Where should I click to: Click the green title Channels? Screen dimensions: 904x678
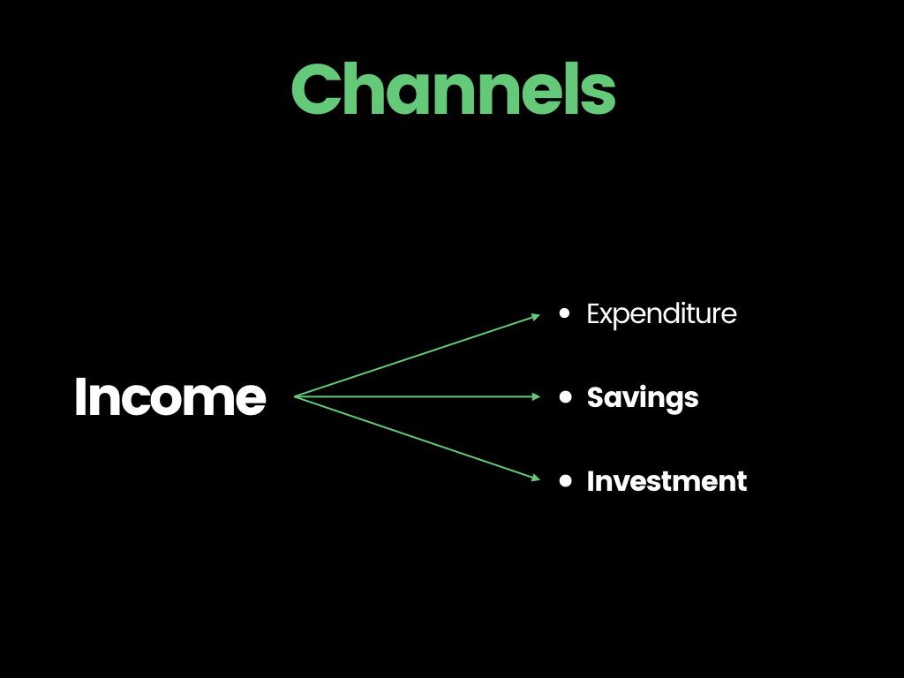pos(454,89)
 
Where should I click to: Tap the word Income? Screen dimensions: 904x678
pos(170,396)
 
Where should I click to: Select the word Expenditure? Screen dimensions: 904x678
pos(661,315)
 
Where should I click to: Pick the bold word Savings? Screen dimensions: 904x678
pos(643,398)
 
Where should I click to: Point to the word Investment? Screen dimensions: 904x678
pos(667,481)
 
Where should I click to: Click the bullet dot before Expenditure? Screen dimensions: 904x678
pos(565,313)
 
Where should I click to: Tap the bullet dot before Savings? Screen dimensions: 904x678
pos(566,396)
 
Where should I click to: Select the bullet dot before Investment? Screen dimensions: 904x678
pos(566,481)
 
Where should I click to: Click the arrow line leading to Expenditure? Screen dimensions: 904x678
pos(418,356)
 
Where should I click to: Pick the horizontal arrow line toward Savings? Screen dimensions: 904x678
pos(418,396)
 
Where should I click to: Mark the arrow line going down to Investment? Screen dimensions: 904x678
pos(418,438)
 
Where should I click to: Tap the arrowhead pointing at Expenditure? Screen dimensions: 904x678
pos(536,316)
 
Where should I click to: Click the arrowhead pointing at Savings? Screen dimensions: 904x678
pos(536,396)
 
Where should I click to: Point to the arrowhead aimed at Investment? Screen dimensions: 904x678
pos(536,478)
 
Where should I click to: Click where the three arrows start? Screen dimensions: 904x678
pos(295,396)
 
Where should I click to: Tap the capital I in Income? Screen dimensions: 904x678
pos(79,396)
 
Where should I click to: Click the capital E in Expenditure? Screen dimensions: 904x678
pos(594,314)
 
